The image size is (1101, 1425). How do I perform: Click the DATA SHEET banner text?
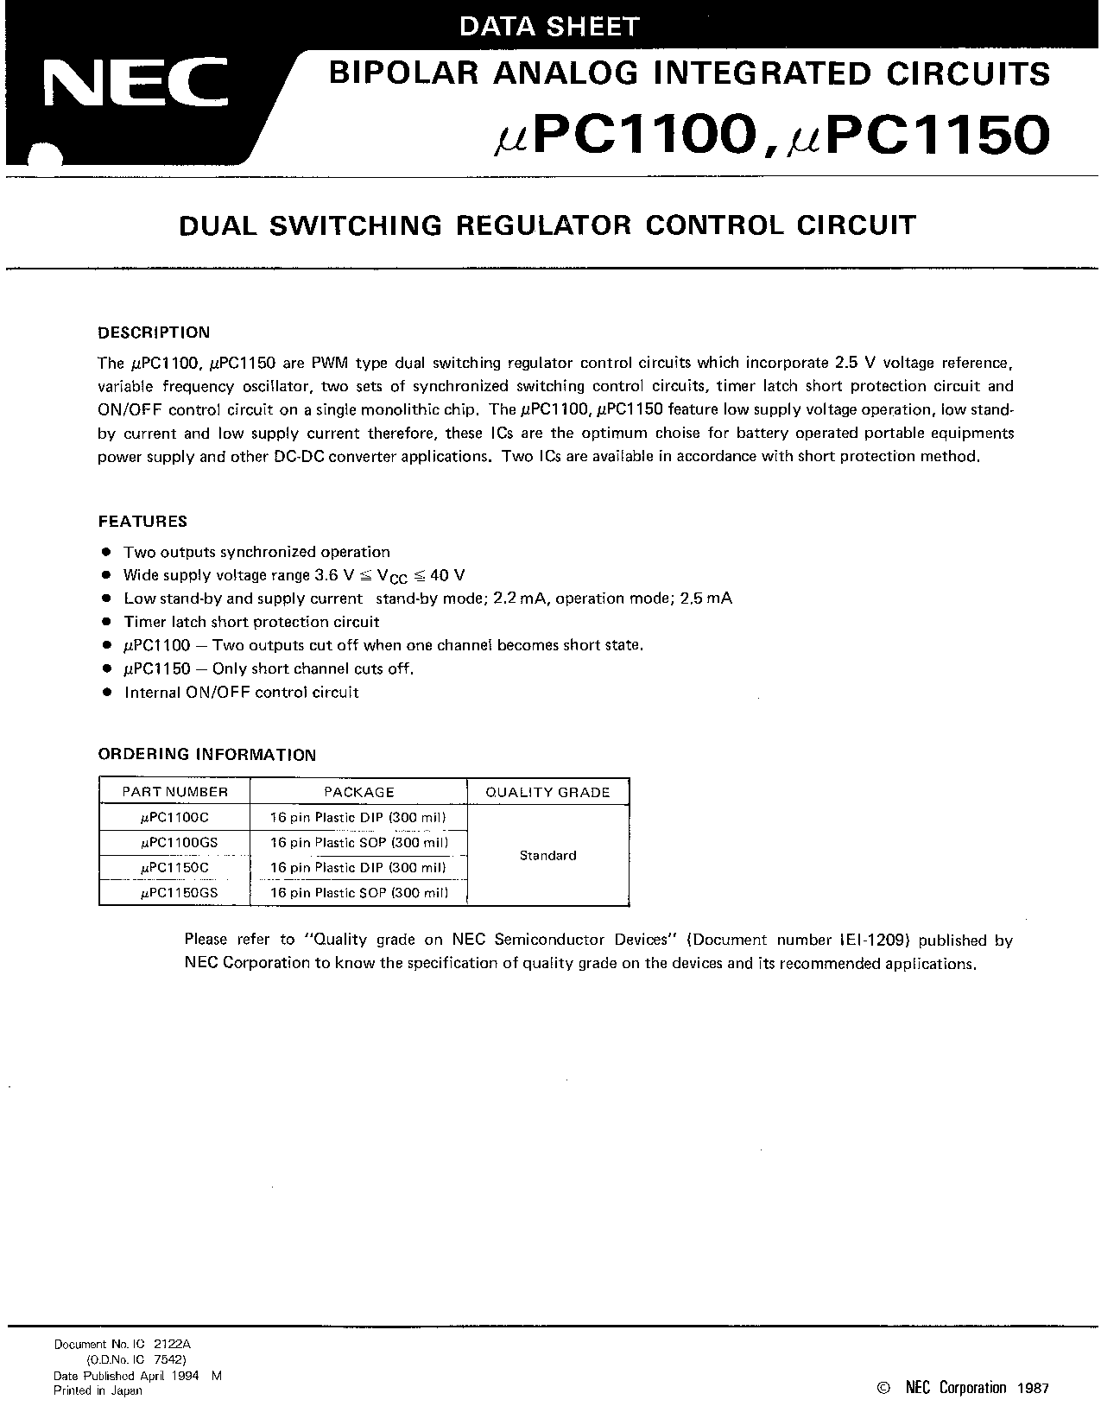(x=549, y=27)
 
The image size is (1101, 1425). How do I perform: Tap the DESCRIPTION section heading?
(x=154, y=332)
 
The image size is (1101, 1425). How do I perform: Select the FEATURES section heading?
(x=142, y=522)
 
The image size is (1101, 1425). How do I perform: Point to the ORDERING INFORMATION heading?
(x=207, y=755)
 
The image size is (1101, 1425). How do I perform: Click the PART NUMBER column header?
(x=174, y=792)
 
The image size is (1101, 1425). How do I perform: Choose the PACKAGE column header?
(x=358, y=792)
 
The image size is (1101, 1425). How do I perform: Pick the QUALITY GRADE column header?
(x=547, y=792)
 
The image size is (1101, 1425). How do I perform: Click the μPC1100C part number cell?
(x=174, y=817)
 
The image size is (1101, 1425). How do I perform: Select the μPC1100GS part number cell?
(x=179, y=842)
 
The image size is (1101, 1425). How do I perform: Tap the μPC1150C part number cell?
(x=174, y=867)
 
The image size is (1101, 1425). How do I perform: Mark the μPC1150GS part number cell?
(x=179, y=893)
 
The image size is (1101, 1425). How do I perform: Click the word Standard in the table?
(x=547, y=855)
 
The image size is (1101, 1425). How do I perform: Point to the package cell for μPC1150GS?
(x=358, y=893)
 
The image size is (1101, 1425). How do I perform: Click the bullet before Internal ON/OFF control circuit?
(x=107, y=692)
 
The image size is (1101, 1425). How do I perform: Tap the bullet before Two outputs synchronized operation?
(x=107, y=552)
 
